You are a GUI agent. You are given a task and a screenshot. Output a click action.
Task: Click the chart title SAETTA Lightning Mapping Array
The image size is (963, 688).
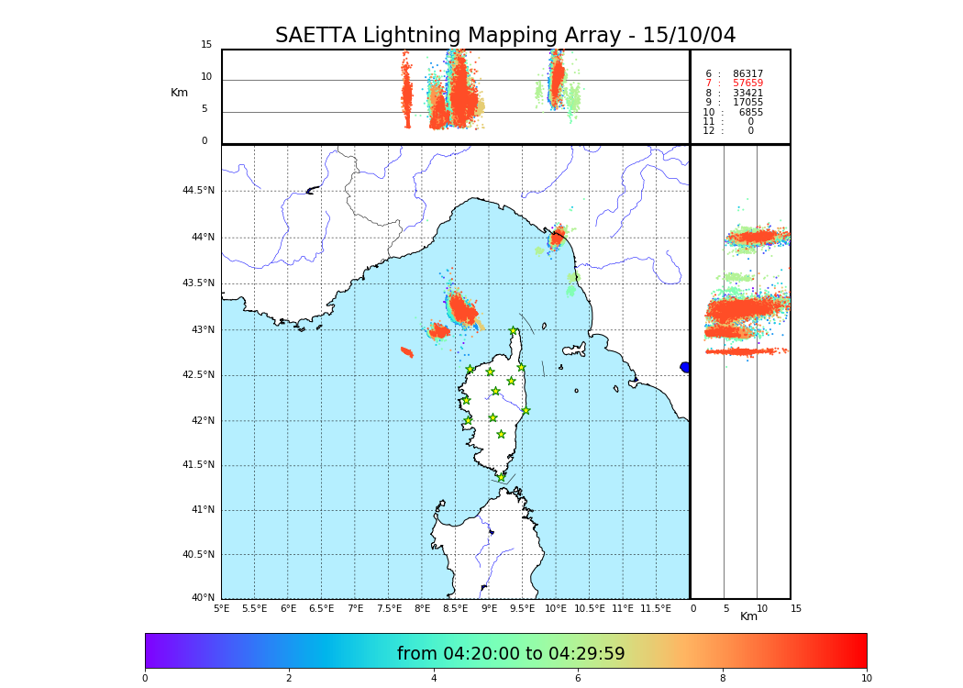(505, 36)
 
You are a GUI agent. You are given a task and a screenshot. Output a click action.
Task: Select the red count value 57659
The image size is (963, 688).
(747, 83)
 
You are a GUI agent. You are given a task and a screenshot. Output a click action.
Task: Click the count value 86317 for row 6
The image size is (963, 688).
(747, 73)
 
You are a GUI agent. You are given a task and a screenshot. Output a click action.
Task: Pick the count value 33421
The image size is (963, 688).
(747, 93)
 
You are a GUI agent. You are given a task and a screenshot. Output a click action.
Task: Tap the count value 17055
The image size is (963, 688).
(747, 103)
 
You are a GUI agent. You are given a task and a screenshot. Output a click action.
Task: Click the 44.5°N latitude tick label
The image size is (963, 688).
(198, 191)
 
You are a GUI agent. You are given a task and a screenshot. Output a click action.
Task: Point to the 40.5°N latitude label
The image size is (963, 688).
(198, 554)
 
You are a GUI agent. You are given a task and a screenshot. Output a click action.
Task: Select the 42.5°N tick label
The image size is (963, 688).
(198, 374)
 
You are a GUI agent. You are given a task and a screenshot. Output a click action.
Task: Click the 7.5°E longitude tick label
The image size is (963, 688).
(388, 608)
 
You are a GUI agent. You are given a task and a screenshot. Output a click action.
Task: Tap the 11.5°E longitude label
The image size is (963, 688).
(655, 608)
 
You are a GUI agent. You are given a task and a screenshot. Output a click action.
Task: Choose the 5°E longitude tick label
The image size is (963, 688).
(221, 608)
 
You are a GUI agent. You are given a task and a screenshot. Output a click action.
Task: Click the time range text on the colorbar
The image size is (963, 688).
(511, 654)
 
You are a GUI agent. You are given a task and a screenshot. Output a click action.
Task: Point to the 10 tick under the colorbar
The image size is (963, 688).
(866, 679)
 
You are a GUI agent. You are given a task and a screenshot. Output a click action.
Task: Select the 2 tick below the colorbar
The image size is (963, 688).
(289, 679)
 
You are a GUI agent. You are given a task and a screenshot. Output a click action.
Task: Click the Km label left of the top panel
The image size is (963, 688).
(179, 93)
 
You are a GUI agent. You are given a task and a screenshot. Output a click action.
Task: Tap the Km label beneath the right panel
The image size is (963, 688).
(748, 616)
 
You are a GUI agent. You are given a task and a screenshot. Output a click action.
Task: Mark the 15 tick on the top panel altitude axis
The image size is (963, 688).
(206, 45)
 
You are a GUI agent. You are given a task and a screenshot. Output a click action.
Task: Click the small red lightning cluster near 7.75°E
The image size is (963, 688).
(407, 351)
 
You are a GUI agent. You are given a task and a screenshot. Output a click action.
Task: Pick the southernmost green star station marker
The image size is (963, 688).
(501, 477)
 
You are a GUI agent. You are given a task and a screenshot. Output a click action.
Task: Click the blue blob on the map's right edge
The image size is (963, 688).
(684, 367)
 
